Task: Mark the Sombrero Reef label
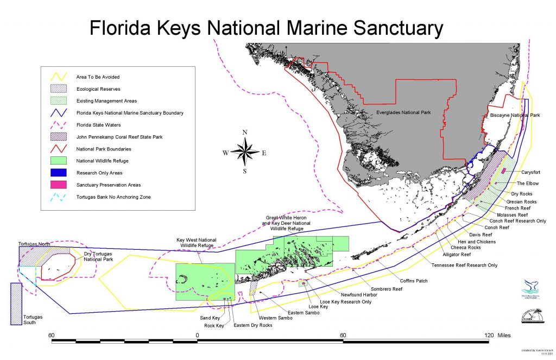(x=386, y=289)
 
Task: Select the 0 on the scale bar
(x=197, y=335)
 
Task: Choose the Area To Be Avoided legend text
(x=97, y=77)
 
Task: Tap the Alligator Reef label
(x=442, y=254)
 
